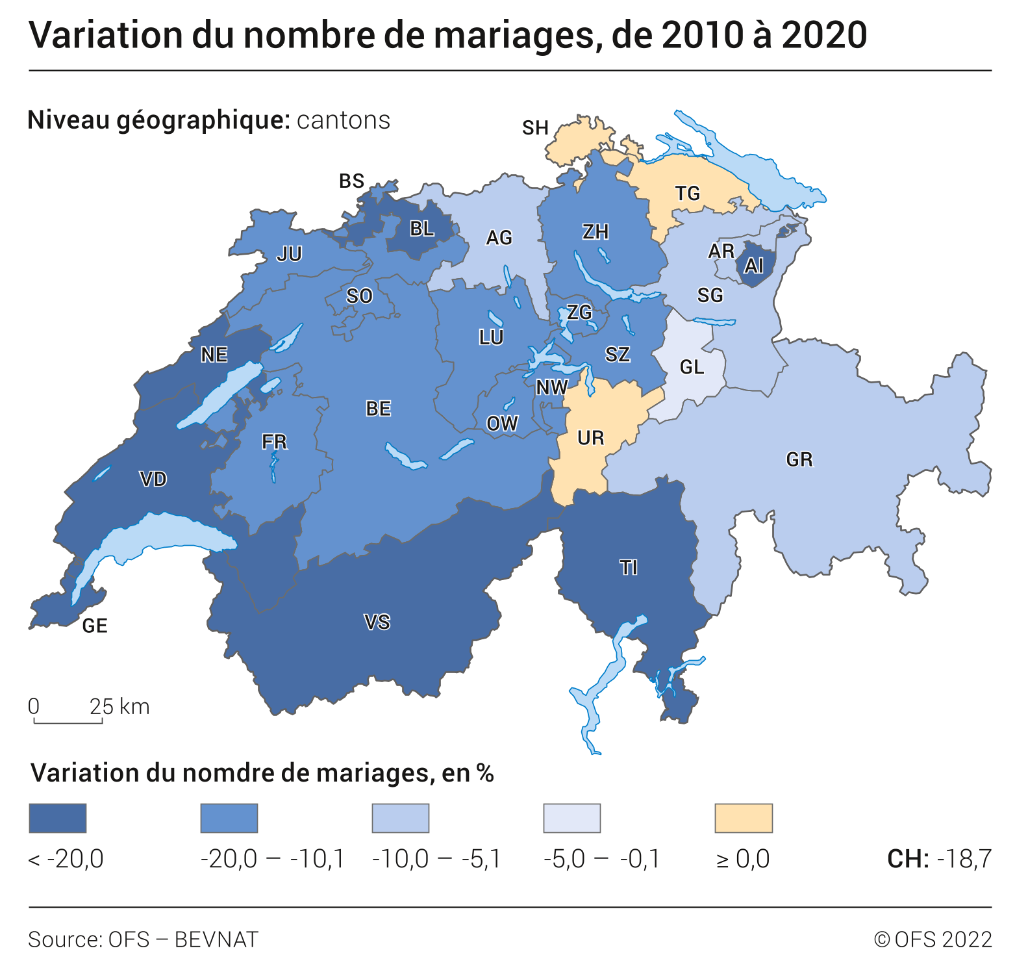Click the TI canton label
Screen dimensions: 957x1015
point(629,568)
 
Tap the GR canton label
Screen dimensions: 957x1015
point(799,460)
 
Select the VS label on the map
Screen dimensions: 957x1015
point(377,622)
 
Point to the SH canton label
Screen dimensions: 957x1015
point(535,128)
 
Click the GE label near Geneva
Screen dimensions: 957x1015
point(95,626)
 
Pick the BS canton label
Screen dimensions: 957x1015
point(351,181)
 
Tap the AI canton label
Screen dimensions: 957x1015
point(753,266)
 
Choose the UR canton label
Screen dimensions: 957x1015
point(590,439)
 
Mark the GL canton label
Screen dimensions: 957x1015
point(692,368)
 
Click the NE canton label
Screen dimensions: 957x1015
point(214,355)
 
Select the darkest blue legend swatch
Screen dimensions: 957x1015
point(58,818)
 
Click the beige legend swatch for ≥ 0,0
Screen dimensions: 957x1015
point(744,818)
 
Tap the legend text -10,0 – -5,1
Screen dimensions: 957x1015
point(436,860)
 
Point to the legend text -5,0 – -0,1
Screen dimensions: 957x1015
point(601,860)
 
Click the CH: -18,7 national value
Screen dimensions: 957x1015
point(939,860)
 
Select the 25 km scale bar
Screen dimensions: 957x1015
point(68,721)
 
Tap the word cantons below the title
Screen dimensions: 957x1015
point(344,121)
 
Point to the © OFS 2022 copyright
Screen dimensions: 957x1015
point(933,939)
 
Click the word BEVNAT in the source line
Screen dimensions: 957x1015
point(216,939)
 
